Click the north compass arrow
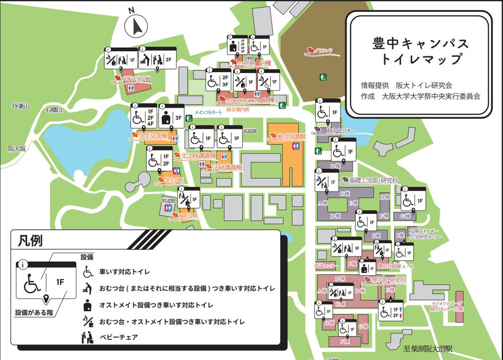tap(137, 26)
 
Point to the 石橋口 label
tap(54, 110)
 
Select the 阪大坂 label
tap(17, 148)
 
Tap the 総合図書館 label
tap(291, 136)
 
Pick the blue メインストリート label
tap(208, 112)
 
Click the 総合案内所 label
tap(238, 110)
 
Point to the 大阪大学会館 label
tap(136, 79)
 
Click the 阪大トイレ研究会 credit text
tap(428, 85)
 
